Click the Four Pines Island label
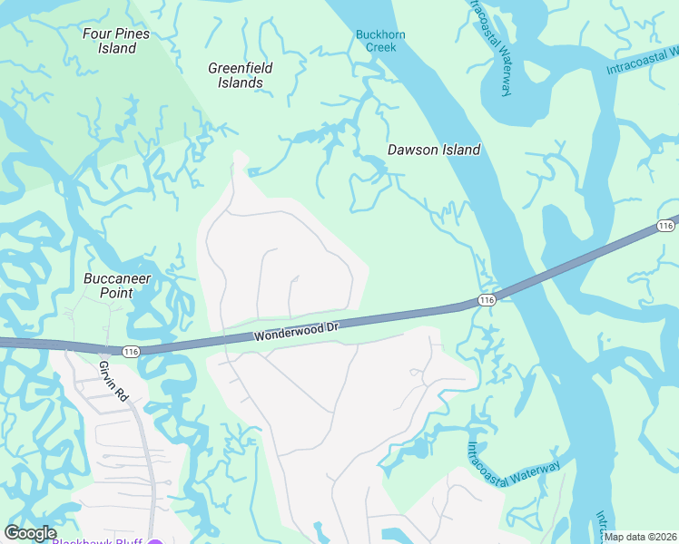116,41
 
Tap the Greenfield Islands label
241,75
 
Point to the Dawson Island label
434,150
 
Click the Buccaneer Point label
117,286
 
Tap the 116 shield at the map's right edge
666,225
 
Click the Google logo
30,533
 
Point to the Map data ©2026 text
640,537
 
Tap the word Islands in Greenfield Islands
241,83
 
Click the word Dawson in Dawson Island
413,150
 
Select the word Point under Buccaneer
117,293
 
